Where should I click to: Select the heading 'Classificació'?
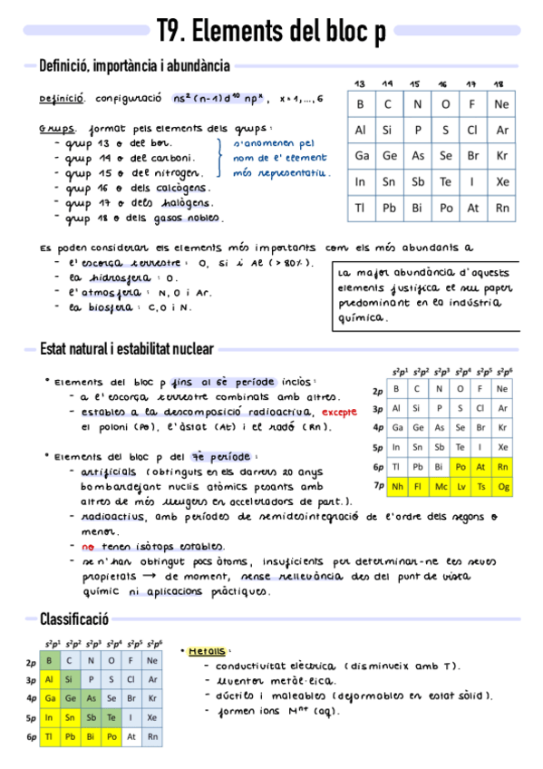coord(73,619)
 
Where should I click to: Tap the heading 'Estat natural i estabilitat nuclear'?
coord(127,349)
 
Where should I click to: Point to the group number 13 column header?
coord(360,83)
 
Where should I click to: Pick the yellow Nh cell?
coord(397,486)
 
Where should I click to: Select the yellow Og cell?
coord(504,486)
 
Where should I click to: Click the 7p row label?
coord(378,486)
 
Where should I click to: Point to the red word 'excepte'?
coord(340,413)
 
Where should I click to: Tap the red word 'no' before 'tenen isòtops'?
coord(88,547)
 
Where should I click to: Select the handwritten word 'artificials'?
coord(109,472)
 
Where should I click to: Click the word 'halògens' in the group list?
coord(185,203)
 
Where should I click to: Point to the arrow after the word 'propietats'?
coord(147,577)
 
